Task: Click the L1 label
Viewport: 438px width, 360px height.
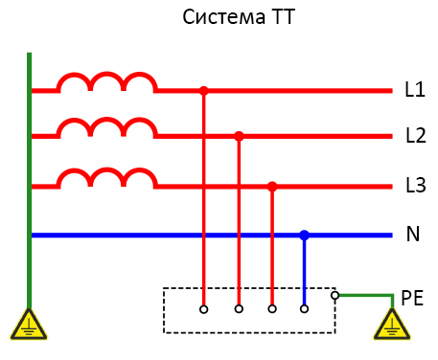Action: [x=415, y=91]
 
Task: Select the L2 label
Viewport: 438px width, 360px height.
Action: [x=415, y=136]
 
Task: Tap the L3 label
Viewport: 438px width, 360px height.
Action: [x=415, y=186]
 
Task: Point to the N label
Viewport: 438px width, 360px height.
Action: [x=414, y=235]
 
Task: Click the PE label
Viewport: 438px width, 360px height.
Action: [x=412, y=299]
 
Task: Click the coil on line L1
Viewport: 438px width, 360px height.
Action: [x=106, y=83]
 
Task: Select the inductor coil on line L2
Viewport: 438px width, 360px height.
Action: [x=106, y=128]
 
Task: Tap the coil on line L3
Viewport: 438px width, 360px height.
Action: [x=106, y=178]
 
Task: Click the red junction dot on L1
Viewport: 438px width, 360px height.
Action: [x=203, y=91]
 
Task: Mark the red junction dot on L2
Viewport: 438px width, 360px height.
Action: [x=239, y=137]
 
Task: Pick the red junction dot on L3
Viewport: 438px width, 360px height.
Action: [x=272, y=187]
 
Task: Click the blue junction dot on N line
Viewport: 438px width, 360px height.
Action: [x=304, y=235]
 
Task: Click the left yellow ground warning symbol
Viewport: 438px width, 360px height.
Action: [x=29, y=326]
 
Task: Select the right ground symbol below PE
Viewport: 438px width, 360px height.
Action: [x=392, y=326]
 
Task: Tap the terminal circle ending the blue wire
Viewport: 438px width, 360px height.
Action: [x=304, y=308]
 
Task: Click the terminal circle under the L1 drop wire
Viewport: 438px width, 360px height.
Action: [x=203, y=308]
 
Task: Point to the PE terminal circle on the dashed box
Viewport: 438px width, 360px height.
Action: [x=334, y=296]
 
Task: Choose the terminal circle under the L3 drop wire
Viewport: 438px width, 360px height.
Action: [x=272, y=308]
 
